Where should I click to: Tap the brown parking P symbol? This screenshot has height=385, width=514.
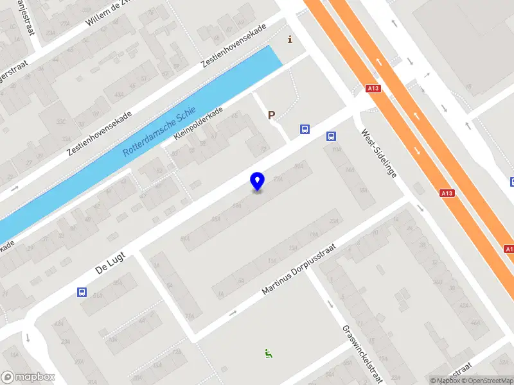[271, 116]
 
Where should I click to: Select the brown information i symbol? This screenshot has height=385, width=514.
[290, 40]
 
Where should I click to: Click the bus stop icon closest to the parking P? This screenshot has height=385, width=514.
[305, 130]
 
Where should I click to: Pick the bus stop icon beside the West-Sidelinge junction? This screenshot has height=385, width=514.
[332, 136]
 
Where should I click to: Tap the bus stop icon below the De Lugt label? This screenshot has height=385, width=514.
[82, 292]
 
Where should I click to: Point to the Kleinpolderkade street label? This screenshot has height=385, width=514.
[198, 125]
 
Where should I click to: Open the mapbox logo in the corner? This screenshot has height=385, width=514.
[28, 377]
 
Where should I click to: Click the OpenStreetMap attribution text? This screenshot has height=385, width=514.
[488, 381]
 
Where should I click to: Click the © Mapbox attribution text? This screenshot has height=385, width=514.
[445, 381]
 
